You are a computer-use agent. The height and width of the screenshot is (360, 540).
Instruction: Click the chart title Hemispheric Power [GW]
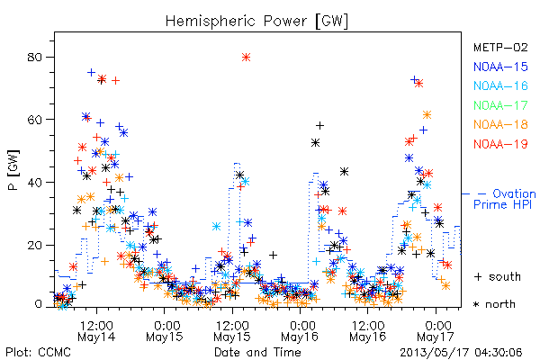[256, 21]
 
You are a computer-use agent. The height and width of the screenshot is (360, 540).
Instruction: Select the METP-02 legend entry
[500, 47]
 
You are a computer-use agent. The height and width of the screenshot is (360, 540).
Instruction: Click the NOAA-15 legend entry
[500, 67]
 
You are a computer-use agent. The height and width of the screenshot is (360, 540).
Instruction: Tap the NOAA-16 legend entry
[500, 85]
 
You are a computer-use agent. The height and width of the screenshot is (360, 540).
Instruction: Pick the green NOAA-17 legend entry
[500, 105]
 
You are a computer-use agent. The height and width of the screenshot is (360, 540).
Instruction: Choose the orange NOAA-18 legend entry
[500, 124]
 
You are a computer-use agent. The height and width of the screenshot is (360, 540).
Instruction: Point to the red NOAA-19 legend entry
[500, 144]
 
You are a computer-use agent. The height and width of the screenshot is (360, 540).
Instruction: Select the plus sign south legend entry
[498, 276]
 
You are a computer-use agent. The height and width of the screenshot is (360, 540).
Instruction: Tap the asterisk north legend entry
[494, 304]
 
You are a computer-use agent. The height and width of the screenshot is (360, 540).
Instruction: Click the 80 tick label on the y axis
[34, 57]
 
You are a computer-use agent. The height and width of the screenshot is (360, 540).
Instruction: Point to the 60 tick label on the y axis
[34, 120]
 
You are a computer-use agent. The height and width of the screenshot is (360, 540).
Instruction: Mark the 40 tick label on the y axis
[34, 182]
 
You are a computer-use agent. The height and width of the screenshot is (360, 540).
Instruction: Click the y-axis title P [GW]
[13, 170]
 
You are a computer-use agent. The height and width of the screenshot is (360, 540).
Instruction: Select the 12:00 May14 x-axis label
[96, 330]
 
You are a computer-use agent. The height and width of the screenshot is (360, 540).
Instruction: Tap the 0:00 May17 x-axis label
[436, 330]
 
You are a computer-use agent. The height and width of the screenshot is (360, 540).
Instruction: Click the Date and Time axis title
[257, 352]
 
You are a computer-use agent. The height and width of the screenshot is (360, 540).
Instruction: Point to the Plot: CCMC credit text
[38, 352]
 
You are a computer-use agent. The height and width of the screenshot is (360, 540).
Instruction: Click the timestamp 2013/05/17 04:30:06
[461, 353]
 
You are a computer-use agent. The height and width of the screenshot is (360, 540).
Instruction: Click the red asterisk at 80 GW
[246, 58]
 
